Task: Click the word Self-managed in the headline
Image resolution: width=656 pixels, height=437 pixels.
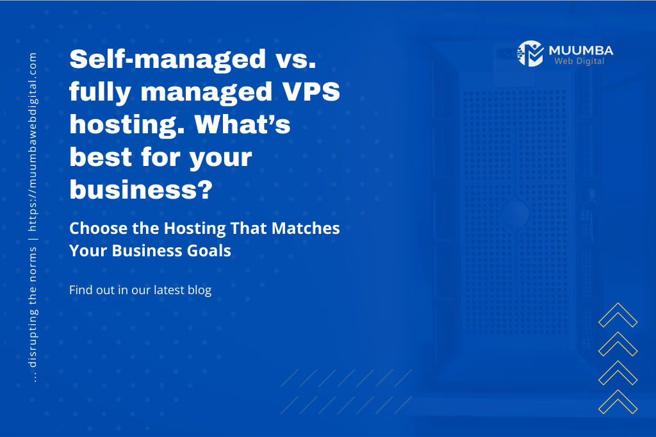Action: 167,60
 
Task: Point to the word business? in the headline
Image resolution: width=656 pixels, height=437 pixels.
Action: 141,189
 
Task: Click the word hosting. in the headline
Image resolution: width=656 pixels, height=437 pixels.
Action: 127,125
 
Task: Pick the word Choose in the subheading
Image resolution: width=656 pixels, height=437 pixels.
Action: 98,228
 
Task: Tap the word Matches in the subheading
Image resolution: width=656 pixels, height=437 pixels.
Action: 306,228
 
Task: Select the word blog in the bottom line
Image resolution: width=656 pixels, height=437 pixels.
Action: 200,290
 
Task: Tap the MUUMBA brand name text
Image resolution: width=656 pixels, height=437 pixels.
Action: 581,51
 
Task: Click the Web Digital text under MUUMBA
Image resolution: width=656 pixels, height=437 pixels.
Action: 579,61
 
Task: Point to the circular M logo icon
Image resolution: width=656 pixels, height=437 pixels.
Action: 530,54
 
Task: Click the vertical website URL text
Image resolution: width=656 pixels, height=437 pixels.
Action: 33,142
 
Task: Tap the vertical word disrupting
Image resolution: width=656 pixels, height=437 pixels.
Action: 33,338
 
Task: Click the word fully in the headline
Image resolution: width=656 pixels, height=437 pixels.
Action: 101,92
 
